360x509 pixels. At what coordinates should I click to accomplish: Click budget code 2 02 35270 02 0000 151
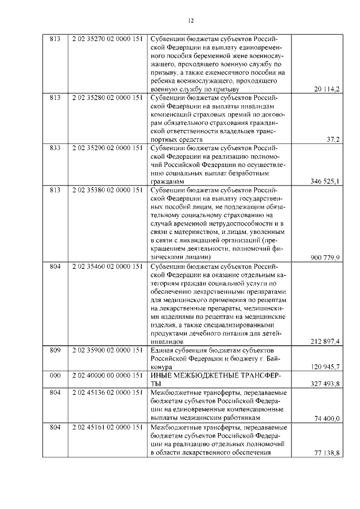pyautogui.click(x=107, y=40)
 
